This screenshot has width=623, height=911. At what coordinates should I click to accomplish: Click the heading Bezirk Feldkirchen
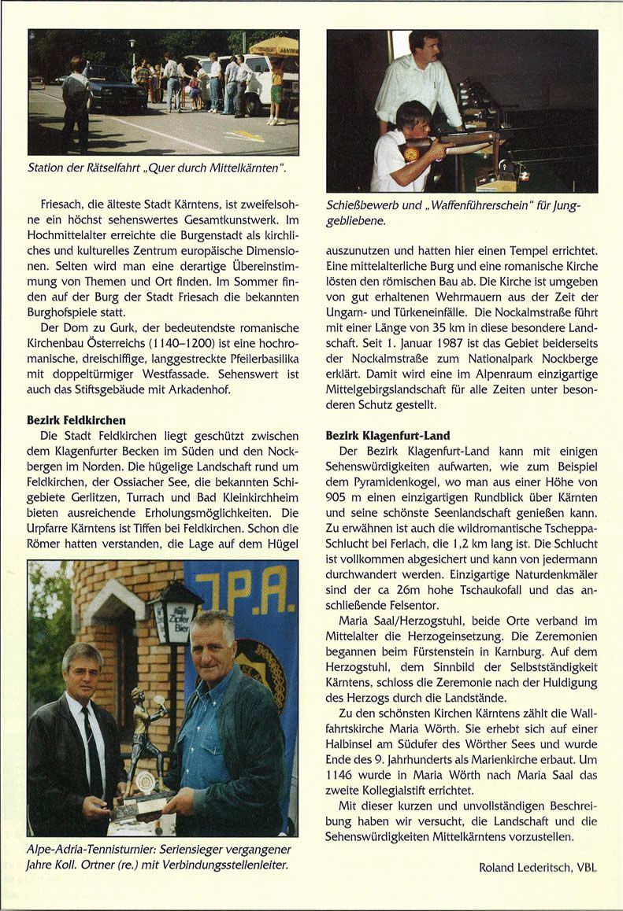76,420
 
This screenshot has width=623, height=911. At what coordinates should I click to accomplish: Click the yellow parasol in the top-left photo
273,46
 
